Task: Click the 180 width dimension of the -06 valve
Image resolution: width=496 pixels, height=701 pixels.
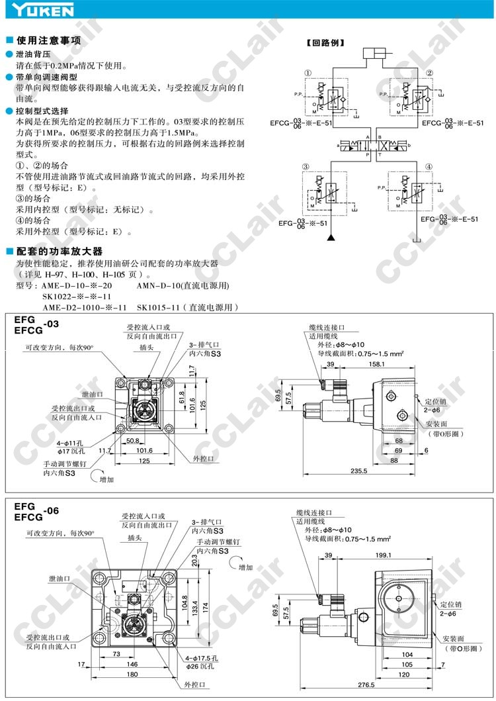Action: (133, 674)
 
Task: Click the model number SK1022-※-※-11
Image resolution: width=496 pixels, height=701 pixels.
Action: (77, 296)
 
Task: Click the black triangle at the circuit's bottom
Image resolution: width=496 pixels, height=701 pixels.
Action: (333, 236)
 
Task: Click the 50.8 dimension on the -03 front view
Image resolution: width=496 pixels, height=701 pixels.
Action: (132, 440)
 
